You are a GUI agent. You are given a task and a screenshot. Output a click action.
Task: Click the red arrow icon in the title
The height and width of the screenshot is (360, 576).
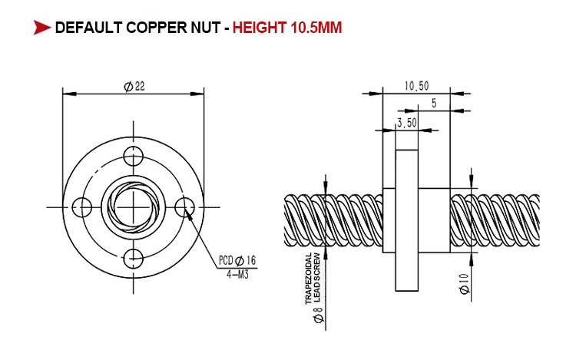(x=41, y=28)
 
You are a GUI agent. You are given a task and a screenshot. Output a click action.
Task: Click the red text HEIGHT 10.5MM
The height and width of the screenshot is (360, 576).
(x=287, y=28)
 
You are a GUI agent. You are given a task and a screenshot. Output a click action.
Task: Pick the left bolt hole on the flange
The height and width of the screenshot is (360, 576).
(x=81, y=206)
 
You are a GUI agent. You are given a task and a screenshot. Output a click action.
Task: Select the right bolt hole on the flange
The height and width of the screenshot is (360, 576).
(x=184, y=206)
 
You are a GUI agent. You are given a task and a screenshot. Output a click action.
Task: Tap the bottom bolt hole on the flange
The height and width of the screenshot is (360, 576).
(x=134, y=257)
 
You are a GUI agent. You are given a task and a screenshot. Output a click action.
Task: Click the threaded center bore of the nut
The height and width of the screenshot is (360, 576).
(x=134, y=205)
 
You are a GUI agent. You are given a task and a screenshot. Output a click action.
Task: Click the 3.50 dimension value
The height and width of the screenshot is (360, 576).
(x=406, y=121)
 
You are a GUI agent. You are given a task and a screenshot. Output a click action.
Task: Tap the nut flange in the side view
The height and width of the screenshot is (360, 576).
(x=406, y=220)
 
